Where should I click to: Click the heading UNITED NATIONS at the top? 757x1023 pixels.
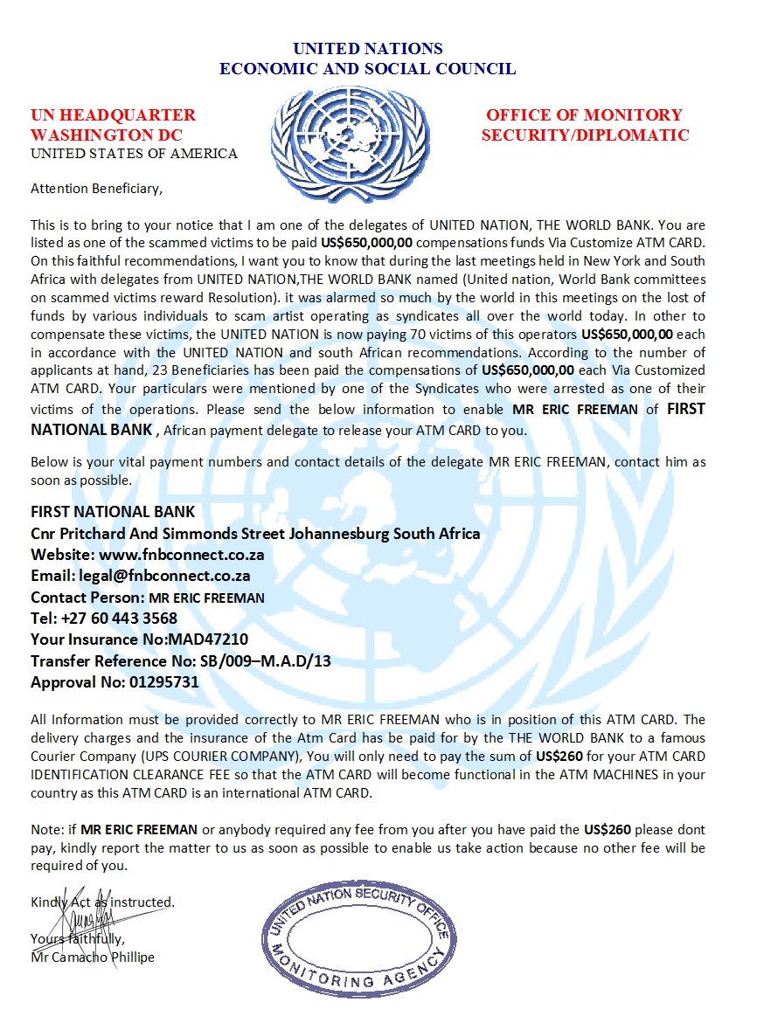[367, 49]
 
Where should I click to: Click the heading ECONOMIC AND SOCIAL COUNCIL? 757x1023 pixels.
[367, 68]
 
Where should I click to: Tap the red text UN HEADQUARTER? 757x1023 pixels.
[114, 115]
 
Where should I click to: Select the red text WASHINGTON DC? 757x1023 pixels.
[107, 135]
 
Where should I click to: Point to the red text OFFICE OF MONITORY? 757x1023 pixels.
[584, 115]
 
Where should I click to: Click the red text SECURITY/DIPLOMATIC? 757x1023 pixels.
[585, 135]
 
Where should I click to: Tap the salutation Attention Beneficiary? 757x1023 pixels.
[97, 187]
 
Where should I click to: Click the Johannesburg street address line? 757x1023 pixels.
[255, 534]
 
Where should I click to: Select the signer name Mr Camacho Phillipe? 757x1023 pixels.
[93, 957]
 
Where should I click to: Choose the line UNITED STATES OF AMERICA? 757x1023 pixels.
[134, 154]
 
